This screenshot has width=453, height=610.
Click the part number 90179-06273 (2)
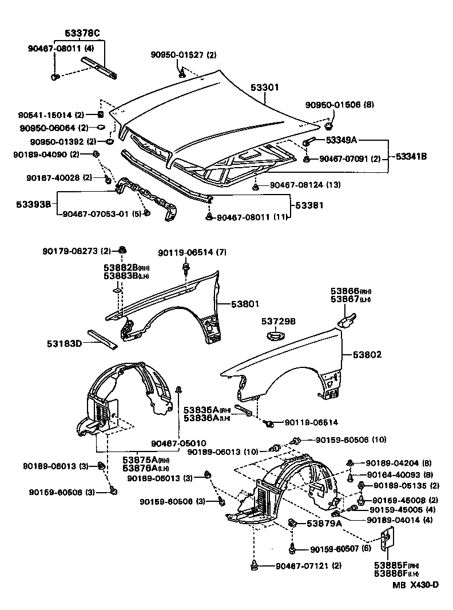click(76, 251)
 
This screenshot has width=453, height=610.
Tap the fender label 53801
click(245, 304)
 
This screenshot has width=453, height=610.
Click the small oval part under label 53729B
click(277, 336)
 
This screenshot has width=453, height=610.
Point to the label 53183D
click(64, 343)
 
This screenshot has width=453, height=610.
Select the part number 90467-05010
click(178, 443)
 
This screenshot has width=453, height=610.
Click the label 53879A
click(324, 523)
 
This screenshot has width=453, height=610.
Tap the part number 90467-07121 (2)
click(308, 566)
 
